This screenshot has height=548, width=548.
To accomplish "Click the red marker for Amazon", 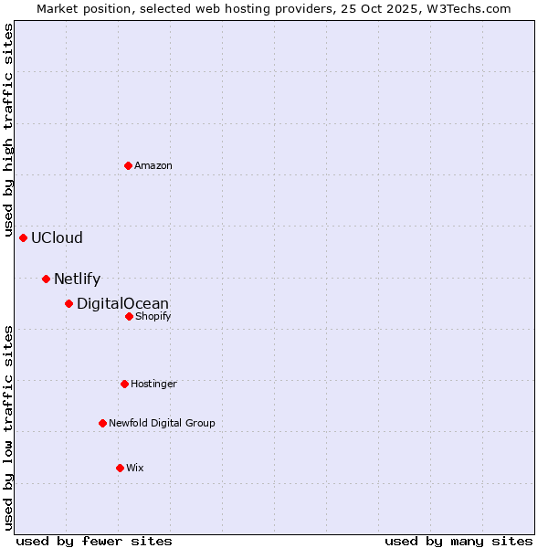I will point(129,165).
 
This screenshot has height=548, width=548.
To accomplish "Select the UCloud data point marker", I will point(24,237).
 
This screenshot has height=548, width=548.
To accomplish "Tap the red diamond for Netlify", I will point(46,279).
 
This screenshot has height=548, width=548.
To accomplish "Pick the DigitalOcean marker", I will point(68,303).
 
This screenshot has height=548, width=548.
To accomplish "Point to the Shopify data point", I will point(129,316).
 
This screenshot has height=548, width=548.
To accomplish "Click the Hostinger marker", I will point(125,384).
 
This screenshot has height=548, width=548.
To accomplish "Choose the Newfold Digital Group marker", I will point(102,423).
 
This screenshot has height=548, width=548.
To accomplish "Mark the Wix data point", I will point(120,468).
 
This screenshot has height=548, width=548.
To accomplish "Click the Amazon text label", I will point(153,166).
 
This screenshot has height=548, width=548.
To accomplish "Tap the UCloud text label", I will point(57,238).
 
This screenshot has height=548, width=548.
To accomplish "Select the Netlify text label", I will point(77,279).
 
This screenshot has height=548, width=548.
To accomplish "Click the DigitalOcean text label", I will point(122,304).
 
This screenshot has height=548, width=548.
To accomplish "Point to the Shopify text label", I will point(153,317).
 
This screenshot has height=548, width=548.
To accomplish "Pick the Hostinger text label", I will point(153,385).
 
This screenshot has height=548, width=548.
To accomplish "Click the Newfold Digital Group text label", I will point(162,424).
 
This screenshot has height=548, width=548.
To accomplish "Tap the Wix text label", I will point(135,469).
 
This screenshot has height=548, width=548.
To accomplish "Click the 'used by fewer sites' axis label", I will point(94,541).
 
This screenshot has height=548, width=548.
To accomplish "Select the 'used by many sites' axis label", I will point(458,541).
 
